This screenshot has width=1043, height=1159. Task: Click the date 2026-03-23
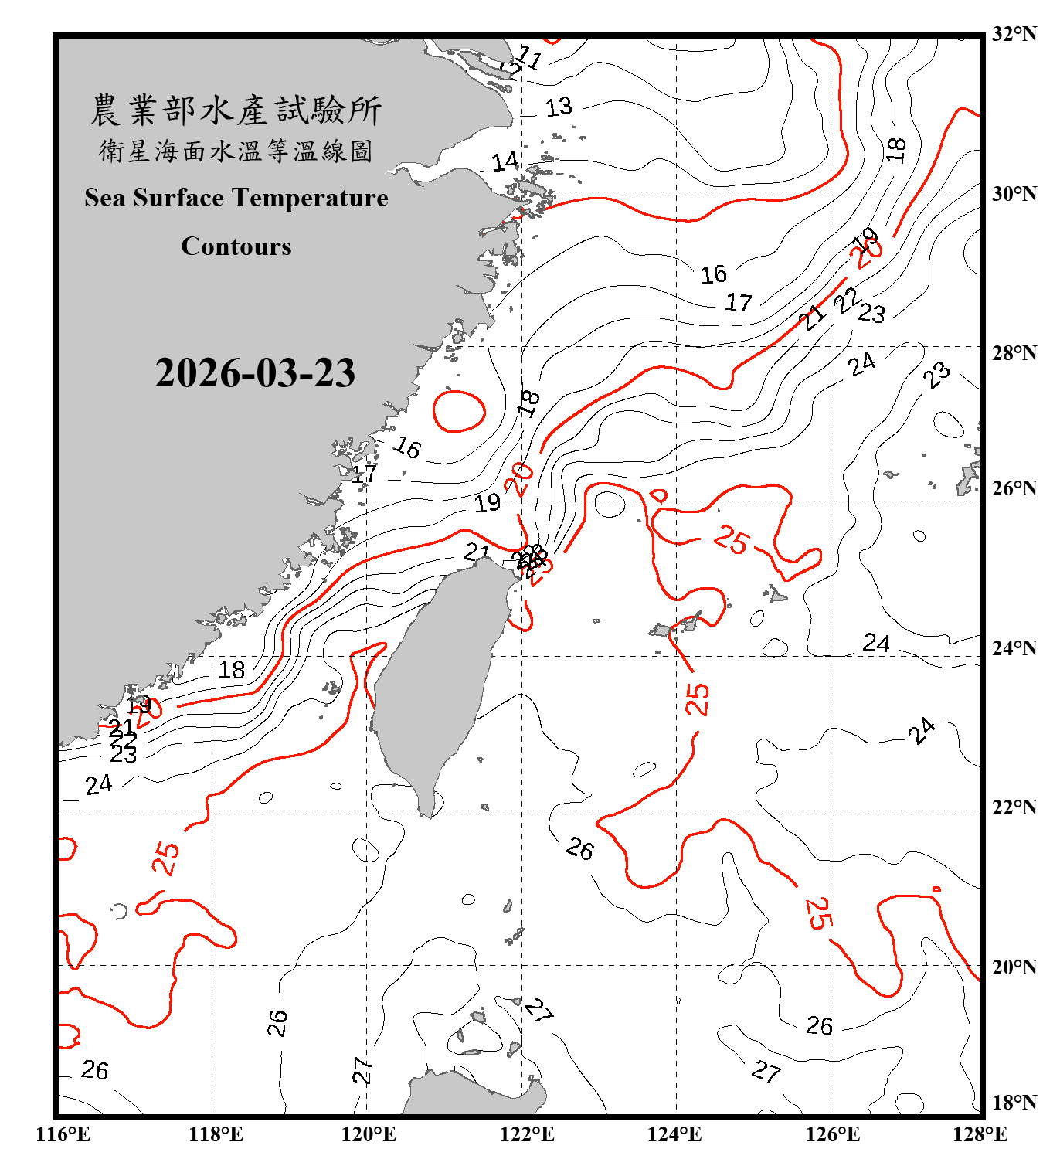tap(255, 373)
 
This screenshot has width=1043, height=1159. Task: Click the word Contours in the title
tap(236, 246)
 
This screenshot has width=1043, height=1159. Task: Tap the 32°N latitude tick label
tap(1014, 34)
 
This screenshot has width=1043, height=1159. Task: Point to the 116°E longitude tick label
tap(63, 1134)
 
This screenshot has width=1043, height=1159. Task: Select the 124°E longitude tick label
tap(674, 1134)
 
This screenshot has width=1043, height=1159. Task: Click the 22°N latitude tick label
tap(1014, 807)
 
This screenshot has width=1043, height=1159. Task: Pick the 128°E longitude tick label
tap(980, 1134)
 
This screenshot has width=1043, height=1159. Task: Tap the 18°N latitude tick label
tap(1014, 1103)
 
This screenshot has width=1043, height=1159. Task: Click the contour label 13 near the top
tap(559, 107)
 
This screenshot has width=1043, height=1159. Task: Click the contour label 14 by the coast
tap(505, 162)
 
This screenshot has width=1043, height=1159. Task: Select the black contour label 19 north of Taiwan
tap(488, 504)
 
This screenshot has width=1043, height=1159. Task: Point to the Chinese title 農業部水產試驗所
tap(236, 110)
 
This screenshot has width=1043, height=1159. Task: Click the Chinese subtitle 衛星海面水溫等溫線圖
tap(236, 151)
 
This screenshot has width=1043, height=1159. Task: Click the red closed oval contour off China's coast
tap(459, 411)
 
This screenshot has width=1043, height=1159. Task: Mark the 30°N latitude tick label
tap(1014, 194)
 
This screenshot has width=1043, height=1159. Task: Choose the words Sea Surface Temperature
tap(236, 199)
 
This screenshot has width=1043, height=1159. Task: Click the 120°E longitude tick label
tap(369, 1134)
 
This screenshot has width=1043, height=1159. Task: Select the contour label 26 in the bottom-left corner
tap(95, 1070)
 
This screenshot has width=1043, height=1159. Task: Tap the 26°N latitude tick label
tap(1014, 488)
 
